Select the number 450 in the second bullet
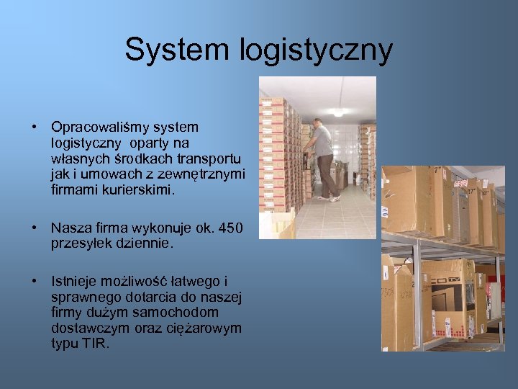(x=230, y=228)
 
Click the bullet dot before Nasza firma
(x=35, y=229)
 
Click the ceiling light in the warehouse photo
(x=337, y=112)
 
